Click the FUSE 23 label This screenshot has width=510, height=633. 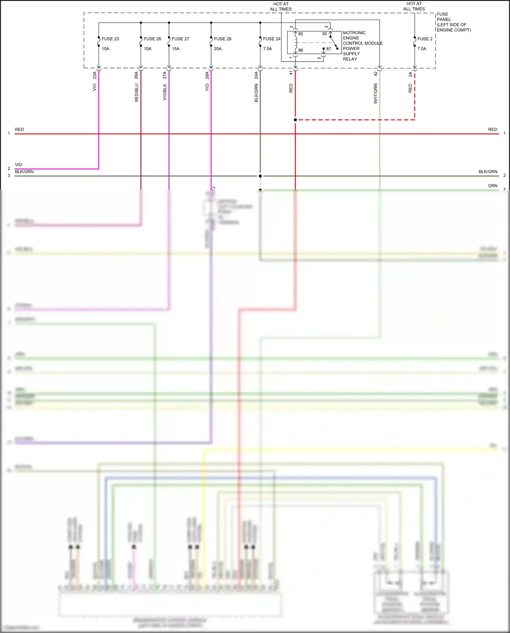pyautogui.click(x=110, y=39)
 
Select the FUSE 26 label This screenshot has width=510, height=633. pyautogui.click(x=152, y=39)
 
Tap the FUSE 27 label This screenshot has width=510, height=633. pyautogui.click(x=180, y=39)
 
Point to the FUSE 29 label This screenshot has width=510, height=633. pyautogui.click(x=222, y=39)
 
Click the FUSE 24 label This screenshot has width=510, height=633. pyautogui.click(x=271, y=39)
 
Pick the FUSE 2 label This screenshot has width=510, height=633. pyautogui.click(x=425, y=39)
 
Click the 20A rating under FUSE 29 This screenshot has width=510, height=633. pyautogui.click(x=218, y=49)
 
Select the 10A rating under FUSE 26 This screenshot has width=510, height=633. pyautogui.click(x=148, y=49)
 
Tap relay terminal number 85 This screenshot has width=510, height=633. pyautogui.click(x=301, y=34)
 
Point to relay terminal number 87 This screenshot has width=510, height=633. pyautogui.click(x=328, y=49)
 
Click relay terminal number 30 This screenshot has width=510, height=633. pyautogui.click(x=324, y=34)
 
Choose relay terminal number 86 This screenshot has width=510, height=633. pyautogui.click(x=301, y=50)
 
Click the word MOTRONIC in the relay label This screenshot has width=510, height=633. pyautogui.click(x=354, y=33)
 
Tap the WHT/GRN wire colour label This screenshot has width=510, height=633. pyautogui.click(x=376, y=94)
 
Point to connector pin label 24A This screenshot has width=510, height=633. pyautogui.click(x=256, y=75)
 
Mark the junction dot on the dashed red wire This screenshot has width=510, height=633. pyautogui.click(x=295, y=120)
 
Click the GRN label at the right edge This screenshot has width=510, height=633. pyautogui.click(x=492, y=186)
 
